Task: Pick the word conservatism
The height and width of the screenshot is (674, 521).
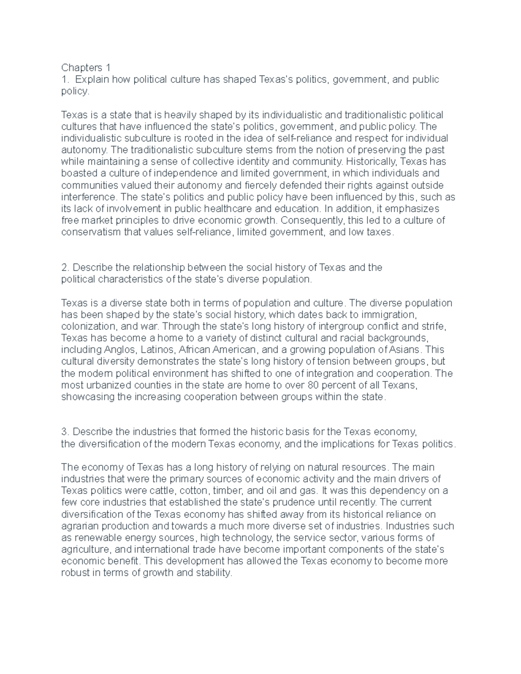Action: click(91, 232)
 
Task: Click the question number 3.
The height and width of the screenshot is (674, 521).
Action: click(64, 432)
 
